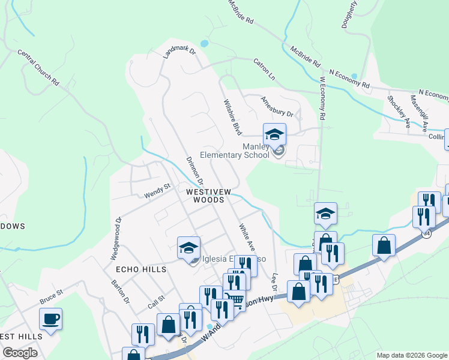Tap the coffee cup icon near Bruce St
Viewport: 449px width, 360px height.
(x=50, y=319)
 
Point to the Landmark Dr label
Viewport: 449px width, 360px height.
(x=180, y=51)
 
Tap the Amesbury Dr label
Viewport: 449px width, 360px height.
(x=277, y=108)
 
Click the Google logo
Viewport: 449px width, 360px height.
(x=19, y=353)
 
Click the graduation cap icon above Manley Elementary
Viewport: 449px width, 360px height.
(x=274, y=134)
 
